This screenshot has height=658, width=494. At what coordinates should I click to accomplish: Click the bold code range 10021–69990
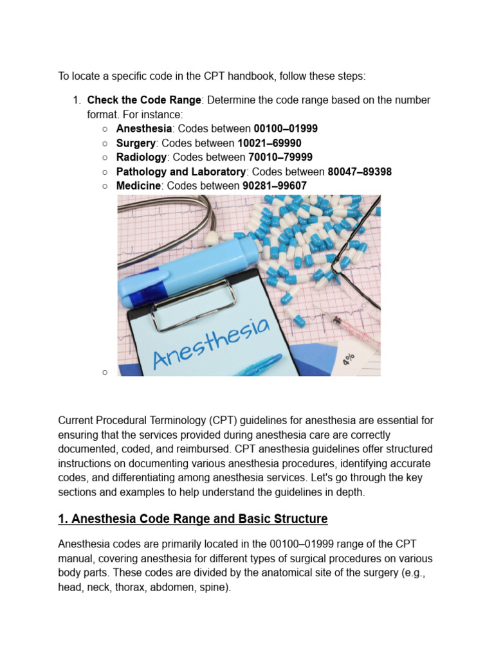tap(270, 143)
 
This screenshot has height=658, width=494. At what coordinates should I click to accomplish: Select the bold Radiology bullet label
tap(142, 157)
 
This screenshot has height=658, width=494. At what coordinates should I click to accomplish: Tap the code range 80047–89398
tap(360, 172)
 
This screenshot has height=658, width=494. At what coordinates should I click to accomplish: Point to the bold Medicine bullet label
tap(138, 186)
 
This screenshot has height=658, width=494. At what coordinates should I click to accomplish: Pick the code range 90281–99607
tap(275, 186)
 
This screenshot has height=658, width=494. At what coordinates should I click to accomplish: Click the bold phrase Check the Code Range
tap(144, 100)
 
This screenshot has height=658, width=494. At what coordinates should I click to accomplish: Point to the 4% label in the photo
tap(348, 358)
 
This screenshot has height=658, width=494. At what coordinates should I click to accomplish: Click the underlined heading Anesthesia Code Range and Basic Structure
tap(193, 519)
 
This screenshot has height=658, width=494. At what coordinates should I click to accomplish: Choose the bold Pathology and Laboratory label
tap(181, 172)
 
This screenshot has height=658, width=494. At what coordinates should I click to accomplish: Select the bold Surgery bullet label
tap(136, 143)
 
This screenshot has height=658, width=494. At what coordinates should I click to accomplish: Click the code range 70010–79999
tap(280, 157)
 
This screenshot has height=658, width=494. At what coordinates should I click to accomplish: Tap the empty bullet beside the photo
tap(104, 372)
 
